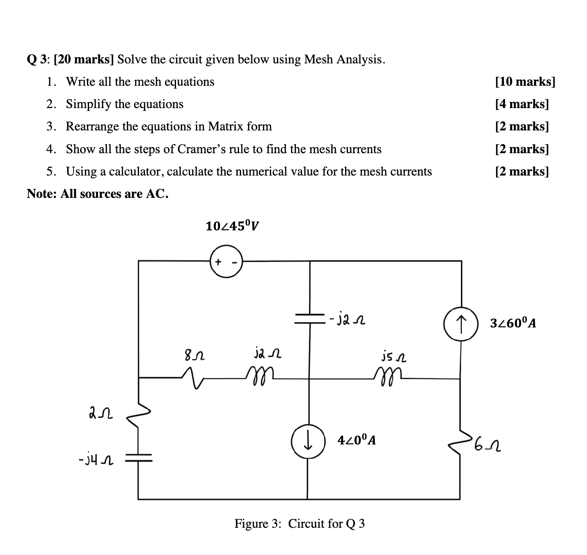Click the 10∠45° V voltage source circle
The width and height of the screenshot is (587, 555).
pos(226,261)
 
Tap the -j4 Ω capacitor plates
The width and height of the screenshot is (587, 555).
pos(138,459)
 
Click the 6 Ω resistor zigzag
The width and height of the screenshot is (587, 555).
pos(461,443)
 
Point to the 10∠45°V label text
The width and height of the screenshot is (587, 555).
pos(232,225)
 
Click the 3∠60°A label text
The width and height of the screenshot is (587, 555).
pos(513,323)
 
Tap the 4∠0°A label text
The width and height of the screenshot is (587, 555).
pos(357,440)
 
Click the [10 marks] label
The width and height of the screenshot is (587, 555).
pos(525,82)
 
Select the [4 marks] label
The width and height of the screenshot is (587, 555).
pos(522,104)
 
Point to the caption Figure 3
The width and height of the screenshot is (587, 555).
pos(258,524)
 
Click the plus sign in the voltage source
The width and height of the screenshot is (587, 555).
pos(218,261)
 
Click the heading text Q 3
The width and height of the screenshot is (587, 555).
pos(38,60)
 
